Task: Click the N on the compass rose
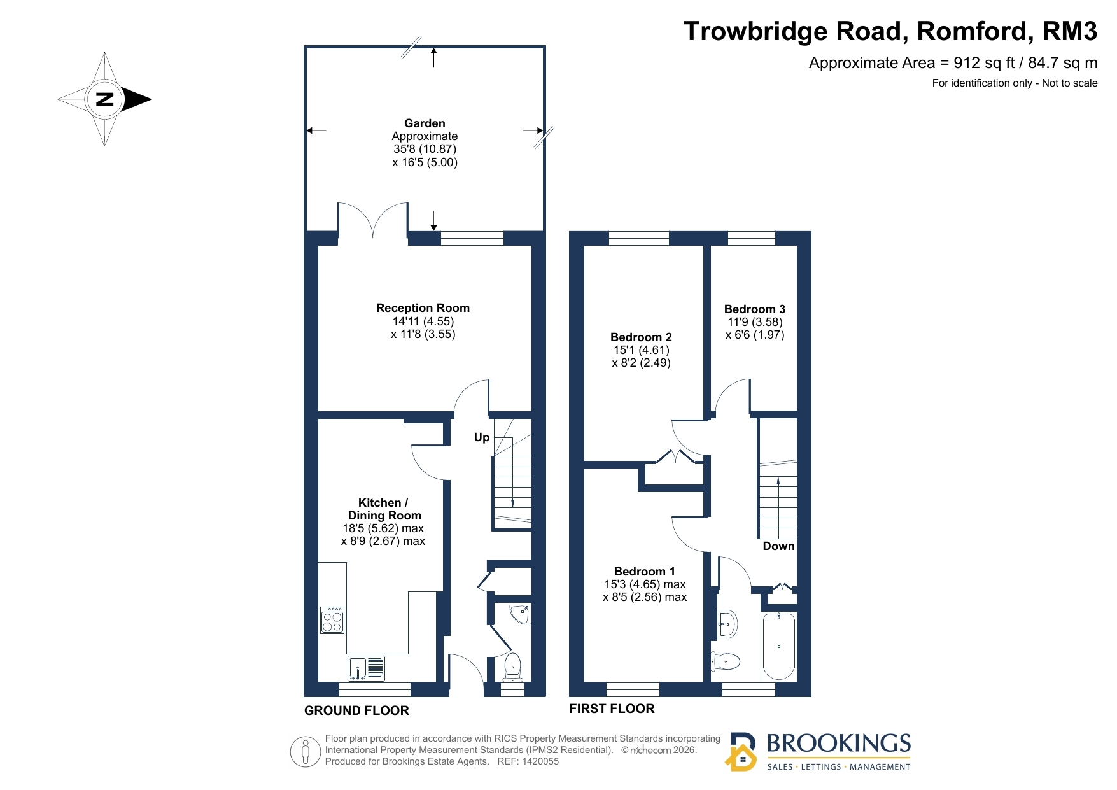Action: (x=104, y=99)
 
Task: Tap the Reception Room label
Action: (x=423, y=308)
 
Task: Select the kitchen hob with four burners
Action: (x=332, y=620)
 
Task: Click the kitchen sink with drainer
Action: (x=367, y=668)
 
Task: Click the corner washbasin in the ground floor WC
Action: (x=521, y=614)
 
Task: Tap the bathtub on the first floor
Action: (x=778, y=646)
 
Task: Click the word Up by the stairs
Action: (x=482, y=437)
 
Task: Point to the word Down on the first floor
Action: (x=778, y=546)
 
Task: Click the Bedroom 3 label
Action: (x=755, y=309)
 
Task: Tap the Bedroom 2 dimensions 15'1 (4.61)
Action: (x=642, y=350)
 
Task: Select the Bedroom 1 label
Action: (x=645, y=572)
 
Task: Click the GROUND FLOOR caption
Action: (x=356, y=710)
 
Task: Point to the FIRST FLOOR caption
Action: (x=612, y=709)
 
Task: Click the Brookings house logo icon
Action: (x=741, y=752)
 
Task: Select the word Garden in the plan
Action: (x=425, y=123)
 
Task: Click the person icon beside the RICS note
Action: (x=306, y=752)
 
